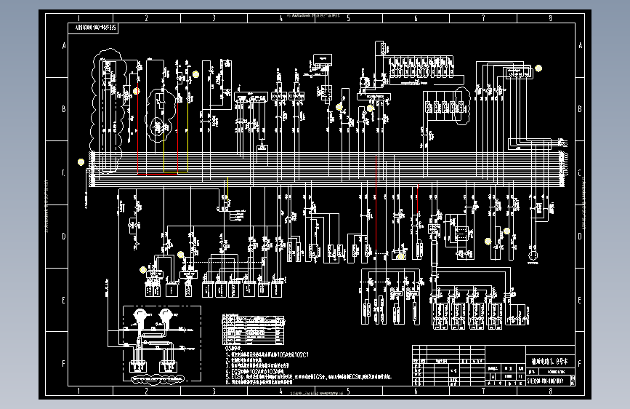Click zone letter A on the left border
[63, 46]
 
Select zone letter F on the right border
[578, 362]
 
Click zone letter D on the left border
[63, 237]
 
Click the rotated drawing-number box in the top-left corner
[97, 27]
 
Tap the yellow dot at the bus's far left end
[81, 162]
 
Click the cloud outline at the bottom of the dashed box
[157, 379]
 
